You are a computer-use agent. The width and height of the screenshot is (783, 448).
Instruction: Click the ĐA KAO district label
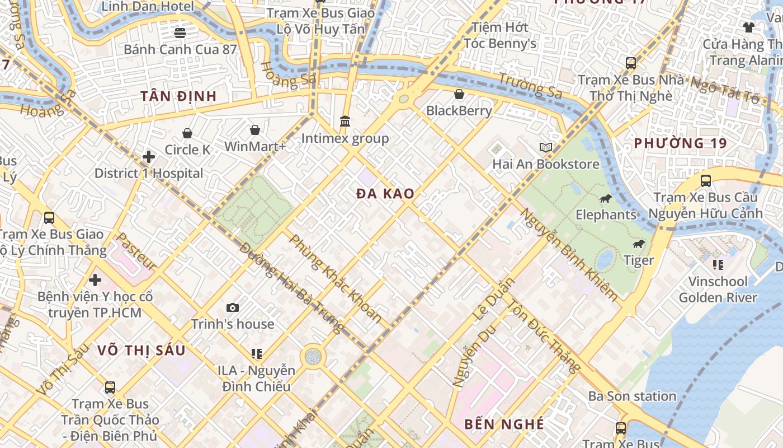pos(386,194)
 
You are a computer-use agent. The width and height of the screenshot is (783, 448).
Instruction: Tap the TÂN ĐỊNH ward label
pos(178,96)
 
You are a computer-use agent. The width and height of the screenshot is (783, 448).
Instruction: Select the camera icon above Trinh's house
pos(233,307)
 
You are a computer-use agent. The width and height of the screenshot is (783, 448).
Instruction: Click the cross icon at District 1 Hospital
pos(149,157)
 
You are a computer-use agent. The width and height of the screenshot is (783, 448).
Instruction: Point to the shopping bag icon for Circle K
pos(187,133)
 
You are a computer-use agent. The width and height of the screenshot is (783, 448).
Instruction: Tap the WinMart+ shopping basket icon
pos(255,130)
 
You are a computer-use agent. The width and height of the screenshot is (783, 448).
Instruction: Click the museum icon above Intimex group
pos(345,121)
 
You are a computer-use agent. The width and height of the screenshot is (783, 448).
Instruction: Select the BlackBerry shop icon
pos(459,94)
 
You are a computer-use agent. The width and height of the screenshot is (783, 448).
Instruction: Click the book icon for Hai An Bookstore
pos(546,147)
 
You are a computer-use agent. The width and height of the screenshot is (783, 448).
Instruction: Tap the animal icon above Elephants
pos(606,198)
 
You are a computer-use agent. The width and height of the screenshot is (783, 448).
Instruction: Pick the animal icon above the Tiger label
pos(639,244)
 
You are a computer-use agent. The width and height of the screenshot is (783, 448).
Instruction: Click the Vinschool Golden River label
pos(718,290)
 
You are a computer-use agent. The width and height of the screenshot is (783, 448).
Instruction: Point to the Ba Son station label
pos(632,396)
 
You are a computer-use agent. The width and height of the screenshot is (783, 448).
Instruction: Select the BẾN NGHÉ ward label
pos(504,424)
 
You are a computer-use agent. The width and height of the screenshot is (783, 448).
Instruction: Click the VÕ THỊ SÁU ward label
pos(141,351)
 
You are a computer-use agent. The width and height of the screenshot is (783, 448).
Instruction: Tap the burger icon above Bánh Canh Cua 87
pos(180,32)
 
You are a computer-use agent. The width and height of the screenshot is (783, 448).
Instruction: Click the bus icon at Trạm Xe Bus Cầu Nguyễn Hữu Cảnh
pos(706,181)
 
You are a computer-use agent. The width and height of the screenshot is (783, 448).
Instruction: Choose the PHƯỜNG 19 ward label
pos(680,143)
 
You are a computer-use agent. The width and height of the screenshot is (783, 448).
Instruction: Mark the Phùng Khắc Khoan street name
pos(336,278)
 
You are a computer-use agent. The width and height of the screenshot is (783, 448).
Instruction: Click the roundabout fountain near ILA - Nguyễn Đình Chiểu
pos(313,356)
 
